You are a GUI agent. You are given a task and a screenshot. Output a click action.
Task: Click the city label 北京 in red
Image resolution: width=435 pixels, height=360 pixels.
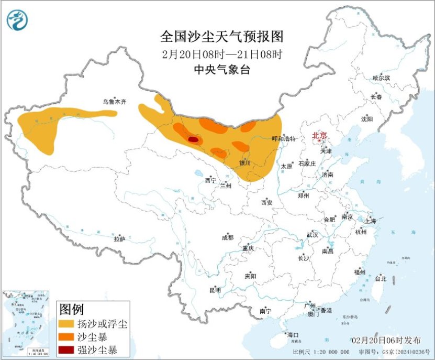click(319, 136)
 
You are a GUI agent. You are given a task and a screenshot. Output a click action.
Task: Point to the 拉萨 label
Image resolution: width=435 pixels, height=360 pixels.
click(119, 239)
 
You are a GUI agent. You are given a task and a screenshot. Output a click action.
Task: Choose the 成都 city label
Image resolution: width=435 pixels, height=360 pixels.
click(228, 237)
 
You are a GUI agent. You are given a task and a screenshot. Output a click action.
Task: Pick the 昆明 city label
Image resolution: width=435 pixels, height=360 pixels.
click(215, 290)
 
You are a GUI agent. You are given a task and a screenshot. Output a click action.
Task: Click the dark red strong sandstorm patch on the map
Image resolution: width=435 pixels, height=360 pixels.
click(193, 139)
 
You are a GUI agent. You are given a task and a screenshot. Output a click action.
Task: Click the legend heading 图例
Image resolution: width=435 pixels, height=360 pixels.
click(72, 309)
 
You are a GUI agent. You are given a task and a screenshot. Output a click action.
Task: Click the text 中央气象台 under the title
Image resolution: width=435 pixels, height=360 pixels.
click(221, 70)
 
